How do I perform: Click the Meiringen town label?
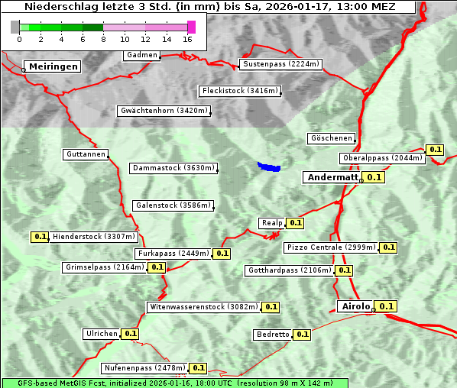tap(53, 67)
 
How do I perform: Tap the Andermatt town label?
tap(332, 177)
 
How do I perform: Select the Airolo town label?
tap(355, 306)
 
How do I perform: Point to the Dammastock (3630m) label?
tap(173, 168)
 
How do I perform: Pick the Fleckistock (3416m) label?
tap(239, 92)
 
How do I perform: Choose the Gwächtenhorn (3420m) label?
tap(164, 111)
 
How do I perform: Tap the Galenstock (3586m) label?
tap(173, 205)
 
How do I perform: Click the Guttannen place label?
tap(86, 154)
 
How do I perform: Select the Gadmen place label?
tap(142, 55)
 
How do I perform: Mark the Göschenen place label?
tap(331, 138)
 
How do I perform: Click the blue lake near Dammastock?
tap(268, 167)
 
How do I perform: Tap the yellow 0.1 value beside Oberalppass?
tap(436, 150)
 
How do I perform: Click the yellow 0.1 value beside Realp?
tap(296, 223)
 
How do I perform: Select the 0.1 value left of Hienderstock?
tap(41, 237)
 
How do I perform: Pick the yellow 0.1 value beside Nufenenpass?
tap(199, 368)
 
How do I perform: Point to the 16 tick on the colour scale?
tap(188, 39)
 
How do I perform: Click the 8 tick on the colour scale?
tap(103, 39)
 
